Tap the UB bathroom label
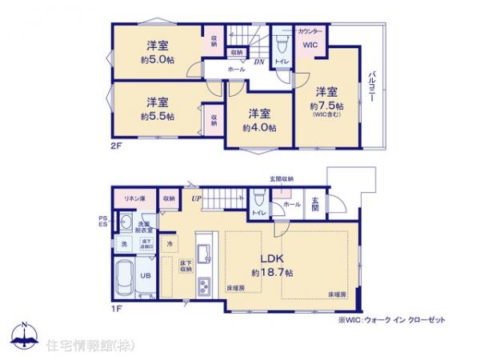point(146,275)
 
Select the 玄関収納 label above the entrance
point(281,178)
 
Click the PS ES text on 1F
point(102,220)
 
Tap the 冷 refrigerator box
point(170,243)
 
